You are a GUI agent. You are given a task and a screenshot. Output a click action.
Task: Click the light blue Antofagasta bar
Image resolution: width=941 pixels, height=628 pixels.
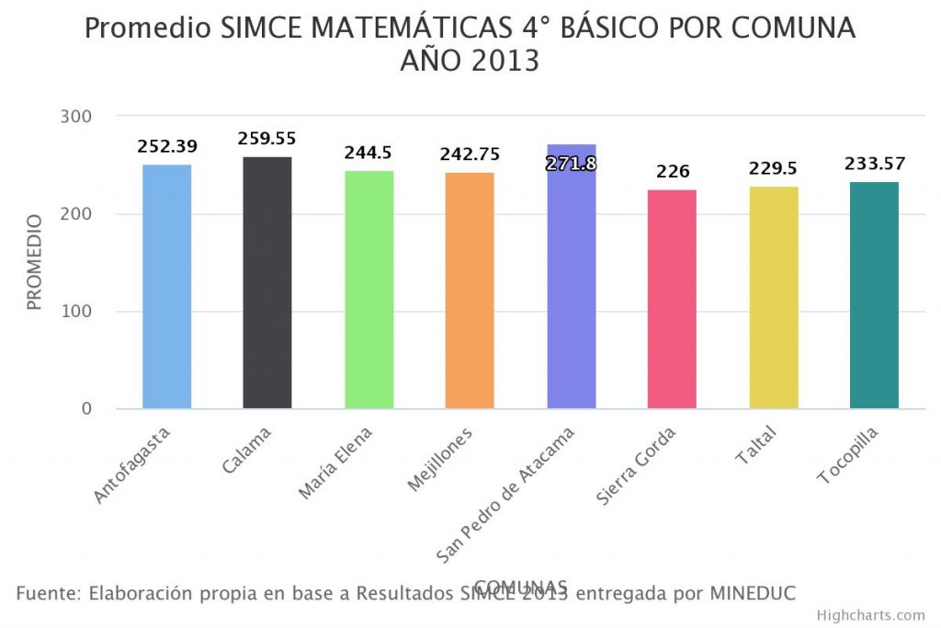point(166,286)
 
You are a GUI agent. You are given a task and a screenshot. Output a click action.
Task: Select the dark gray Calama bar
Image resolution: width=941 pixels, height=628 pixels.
point(267,282)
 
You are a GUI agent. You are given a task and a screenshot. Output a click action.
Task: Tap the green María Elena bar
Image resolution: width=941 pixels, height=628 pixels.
point(368,290)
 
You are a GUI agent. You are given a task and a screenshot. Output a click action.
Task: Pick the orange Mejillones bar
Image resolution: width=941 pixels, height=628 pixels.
point(470,291)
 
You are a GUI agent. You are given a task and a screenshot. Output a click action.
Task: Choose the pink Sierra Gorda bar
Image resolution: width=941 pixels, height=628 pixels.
point(672,299)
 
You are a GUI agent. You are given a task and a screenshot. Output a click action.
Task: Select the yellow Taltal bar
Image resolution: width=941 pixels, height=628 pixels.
point(774,297)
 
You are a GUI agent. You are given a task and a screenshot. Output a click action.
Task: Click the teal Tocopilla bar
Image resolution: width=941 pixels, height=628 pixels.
point(874,295)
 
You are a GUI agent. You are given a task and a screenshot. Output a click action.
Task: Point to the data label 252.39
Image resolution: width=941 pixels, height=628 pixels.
point(167,146)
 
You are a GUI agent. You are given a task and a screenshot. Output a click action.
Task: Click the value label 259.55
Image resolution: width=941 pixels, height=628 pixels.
point(267,139)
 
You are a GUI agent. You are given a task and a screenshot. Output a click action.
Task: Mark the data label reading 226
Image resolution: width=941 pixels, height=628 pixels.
point(672,172)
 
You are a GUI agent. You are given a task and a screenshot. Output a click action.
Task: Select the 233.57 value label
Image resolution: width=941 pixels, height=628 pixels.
point(875,165)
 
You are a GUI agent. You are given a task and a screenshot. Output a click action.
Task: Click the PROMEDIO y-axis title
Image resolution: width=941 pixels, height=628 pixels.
point(34,262)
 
